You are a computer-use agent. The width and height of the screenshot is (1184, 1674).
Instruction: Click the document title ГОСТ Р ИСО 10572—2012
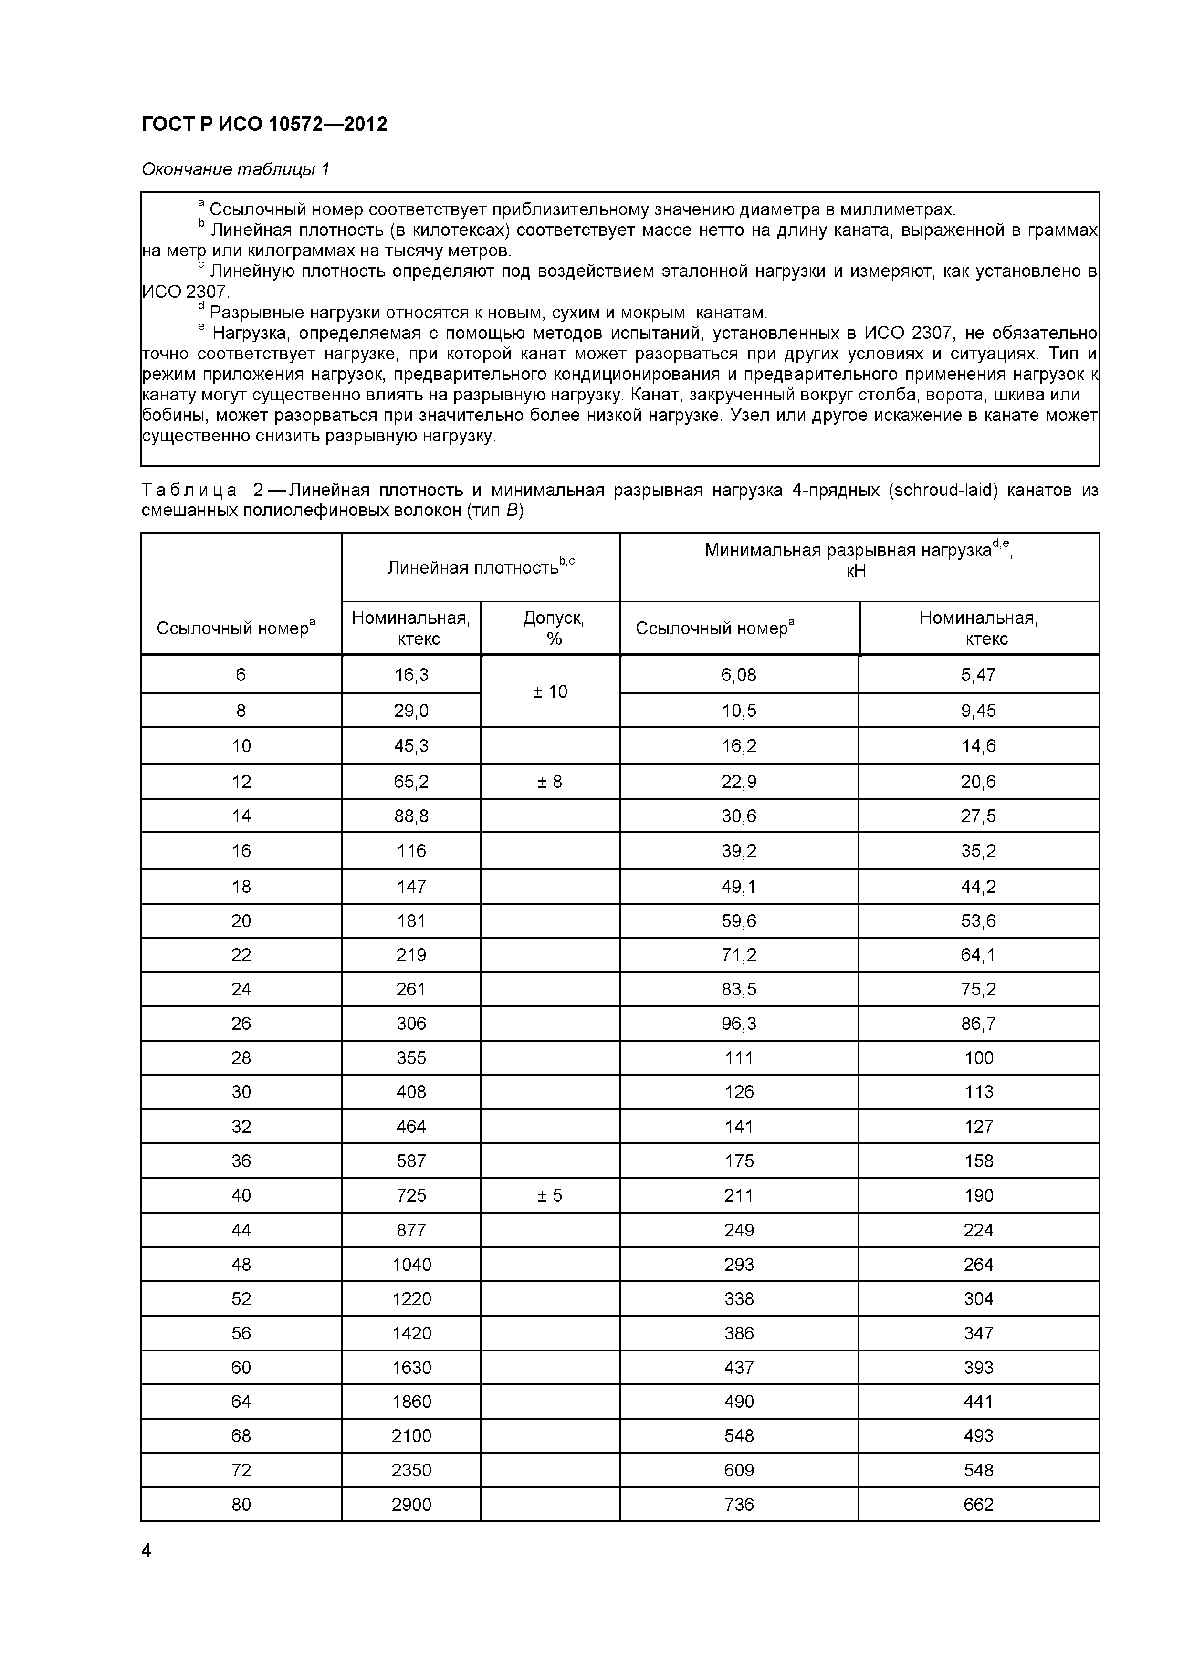point(264,125)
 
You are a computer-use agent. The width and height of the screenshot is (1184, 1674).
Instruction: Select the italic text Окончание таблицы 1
point(235,170)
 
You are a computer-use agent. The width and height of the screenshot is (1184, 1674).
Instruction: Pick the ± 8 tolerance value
point(550,782)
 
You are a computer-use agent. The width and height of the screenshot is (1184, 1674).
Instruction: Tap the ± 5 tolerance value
point(550,1195)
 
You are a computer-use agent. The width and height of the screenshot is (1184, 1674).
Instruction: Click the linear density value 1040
point(411,1264)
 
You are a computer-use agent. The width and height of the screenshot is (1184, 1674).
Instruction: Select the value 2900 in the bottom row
point(411,1504)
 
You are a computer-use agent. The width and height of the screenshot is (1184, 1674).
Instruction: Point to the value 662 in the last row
point(978,1504)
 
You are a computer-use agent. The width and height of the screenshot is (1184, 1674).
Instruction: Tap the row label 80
point(241,1504)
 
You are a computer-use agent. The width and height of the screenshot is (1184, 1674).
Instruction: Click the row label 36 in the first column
point(241,1161)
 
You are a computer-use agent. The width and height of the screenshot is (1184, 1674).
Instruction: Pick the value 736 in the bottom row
point(739,1504)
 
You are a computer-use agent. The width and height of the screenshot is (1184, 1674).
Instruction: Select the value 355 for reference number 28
point(411,1058)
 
